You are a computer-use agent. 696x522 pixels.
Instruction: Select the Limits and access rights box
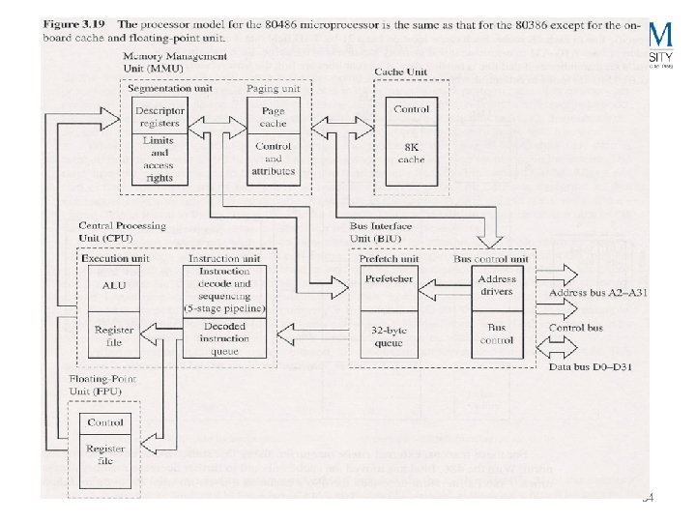coord(159,158)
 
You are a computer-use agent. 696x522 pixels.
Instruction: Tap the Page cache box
coord(274,116)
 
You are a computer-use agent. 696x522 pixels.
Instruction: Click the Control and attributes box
coord(274,158)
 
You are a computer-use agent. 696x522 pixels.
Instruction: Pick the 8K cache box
coord(412,153)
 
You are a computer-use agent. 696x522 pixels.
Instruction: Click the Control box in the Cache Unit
coord(412,109)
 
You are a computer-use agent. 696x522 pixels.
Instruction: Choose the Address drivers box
coord(497,284)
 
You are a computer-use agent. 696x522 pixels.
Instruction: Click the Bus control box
coord(497,334)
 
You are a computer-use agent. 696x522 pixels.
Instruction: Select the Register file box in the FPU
coord(105,454)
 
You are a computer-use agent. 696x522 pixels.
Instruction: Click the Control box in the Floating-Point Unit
coord(105,422)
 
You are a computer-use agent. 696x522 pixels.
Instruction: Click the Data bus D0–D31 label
coord(589,368)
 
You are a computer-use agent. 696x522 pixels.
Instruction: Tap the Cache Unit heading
coord(402,72)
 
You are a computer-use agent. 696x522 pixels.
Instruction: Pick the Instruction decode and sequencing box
coord(230,289)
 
